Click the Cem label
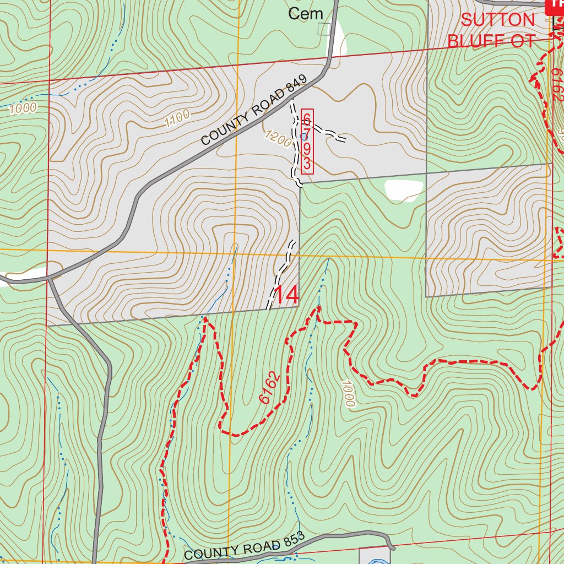pyautogui.click(x=305, y=14)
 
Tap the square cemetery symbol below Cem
pyautogui.click(x=324, y=29)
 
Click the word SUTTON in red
pyautogui.click(x=497, y=20)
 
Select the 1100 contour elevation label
pyautogui.click(x=177, y=118)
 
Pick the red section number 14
pyautogui.click(x=286, y=295)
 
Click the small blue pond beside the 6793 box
pyautogui.click(x=303, y=136)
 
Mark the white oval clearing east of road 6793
pyautogui.click(x=404, y=189)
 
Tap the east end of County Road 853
pyautogui.click(x=393, y=547)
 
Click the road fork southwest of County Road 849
pyautogui.click(x=50, y=278)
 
